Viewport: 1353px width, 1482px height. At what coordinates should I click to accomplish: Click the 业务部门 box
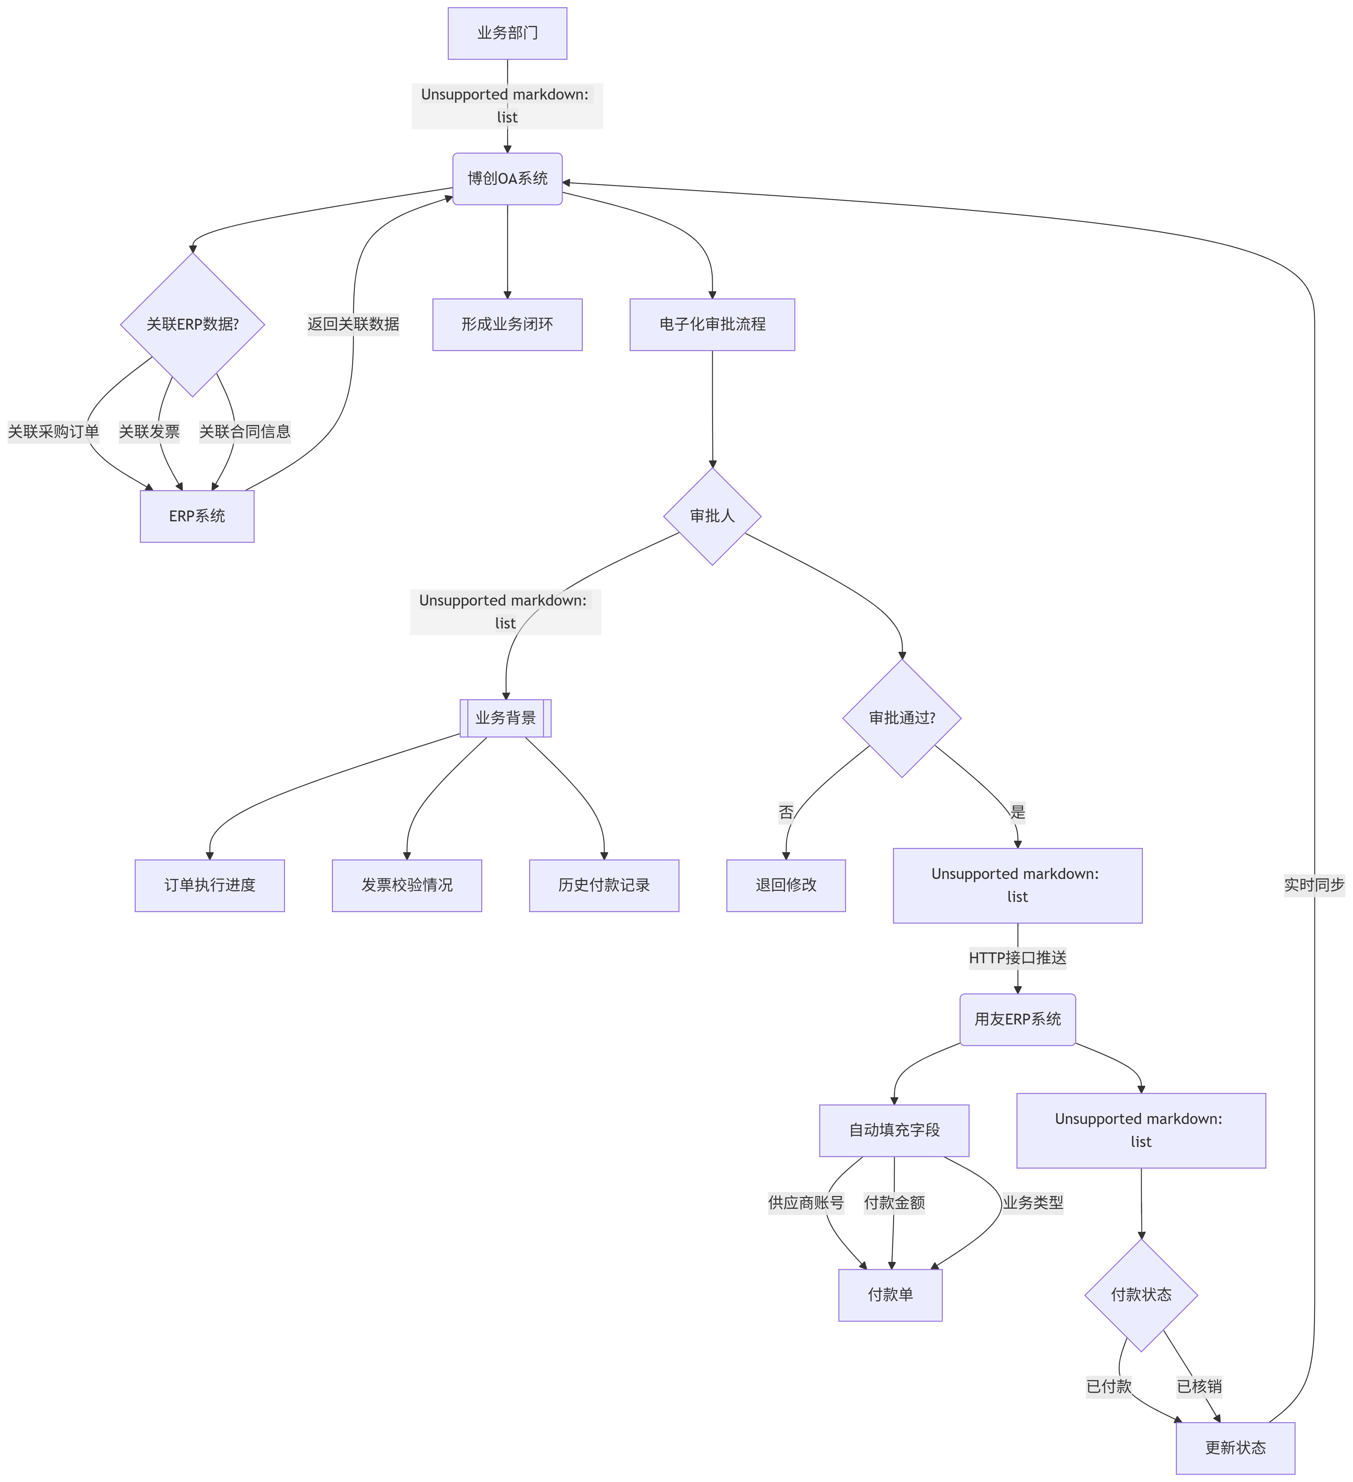[x=507, y=33]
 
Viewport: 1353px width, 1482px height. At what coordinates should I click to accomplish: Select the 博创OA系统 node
[x=507, y=179]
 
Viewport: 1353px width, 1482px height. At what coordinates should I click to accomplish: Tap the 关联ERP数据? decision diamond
[x=193, y=324]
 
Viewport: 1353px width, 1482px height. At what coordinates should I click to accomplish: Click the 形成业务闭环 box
[x=507, y=324]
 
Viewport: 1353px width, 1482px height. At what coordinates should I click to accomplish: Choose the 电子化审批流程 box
[x=712, y=324]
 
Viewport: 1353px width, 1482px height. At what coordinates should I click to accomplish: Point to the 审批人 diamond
[x=712, y=516]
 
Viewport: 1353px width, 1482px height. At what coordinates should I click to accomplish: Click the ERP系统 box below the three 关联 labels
[x=197, y=516]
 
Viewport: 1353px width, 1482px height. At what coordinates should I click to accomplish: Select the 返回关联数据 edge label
[x=353, y=324]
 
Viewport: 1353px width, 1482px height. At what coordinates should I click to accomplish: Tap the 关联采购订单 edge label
[x=53, y=431]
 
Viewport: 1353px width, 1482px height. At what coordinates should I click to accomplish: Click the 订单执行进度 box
[x=210, y=885]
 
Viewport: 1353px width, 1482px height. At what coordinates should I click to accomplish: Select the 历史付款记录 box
[x=604, y=885]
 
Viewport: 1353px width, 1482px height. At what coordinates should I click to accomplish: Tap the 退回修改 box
[x=786, y=885]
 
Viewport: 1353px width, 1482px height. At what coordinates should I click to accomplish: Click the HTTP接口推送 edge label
[x=1017, y=958]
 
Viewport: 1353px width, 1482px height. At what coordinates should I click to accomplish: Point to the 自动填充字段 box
[x=894, y=1130]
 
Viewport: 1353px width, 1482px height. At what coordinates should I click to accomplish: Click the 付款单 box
[x=890, y=1294]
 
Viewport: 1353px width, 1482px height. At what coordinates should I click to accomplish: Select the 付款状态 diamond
[x=1140, y=1294]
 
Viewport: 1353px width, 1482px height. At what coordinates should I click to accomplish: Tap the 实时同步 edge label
[x=1313, y=885]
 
